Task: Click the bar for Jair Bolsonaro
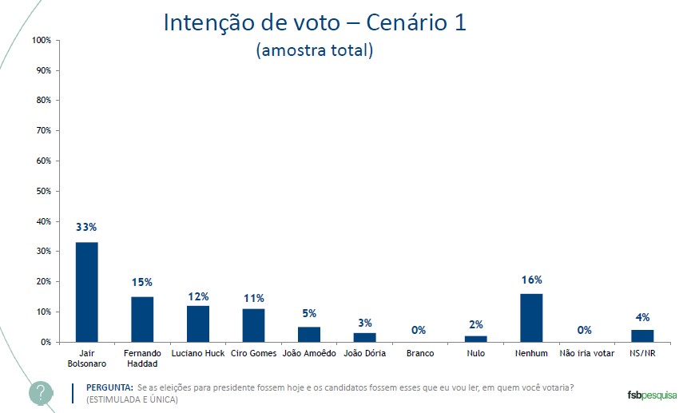(86, 292)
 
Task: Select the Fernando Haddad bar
(142, 319)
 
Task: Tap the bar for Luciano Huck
(198, 324)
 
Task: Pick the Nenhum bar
(531, 317)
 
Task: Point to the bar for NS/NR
(642, 336)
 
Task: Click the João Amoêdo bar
(309, 334)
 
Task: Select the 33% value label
(86, 228)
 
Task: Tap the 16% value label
(532, 280)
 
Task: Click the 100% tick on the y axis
(42, 40)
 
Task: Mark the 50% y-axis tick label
(43, 191)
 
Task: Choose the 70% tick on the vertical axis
(43, 130)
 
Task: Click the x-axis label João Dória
(365, 353)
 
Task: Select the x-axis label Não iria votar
(587, 353)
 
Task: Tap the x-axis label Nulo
(476, 353)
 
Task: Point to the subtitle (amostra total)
(315, 50)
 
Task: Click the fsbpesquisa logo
(651, 394)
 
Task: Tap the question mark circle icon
(41, 393)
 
